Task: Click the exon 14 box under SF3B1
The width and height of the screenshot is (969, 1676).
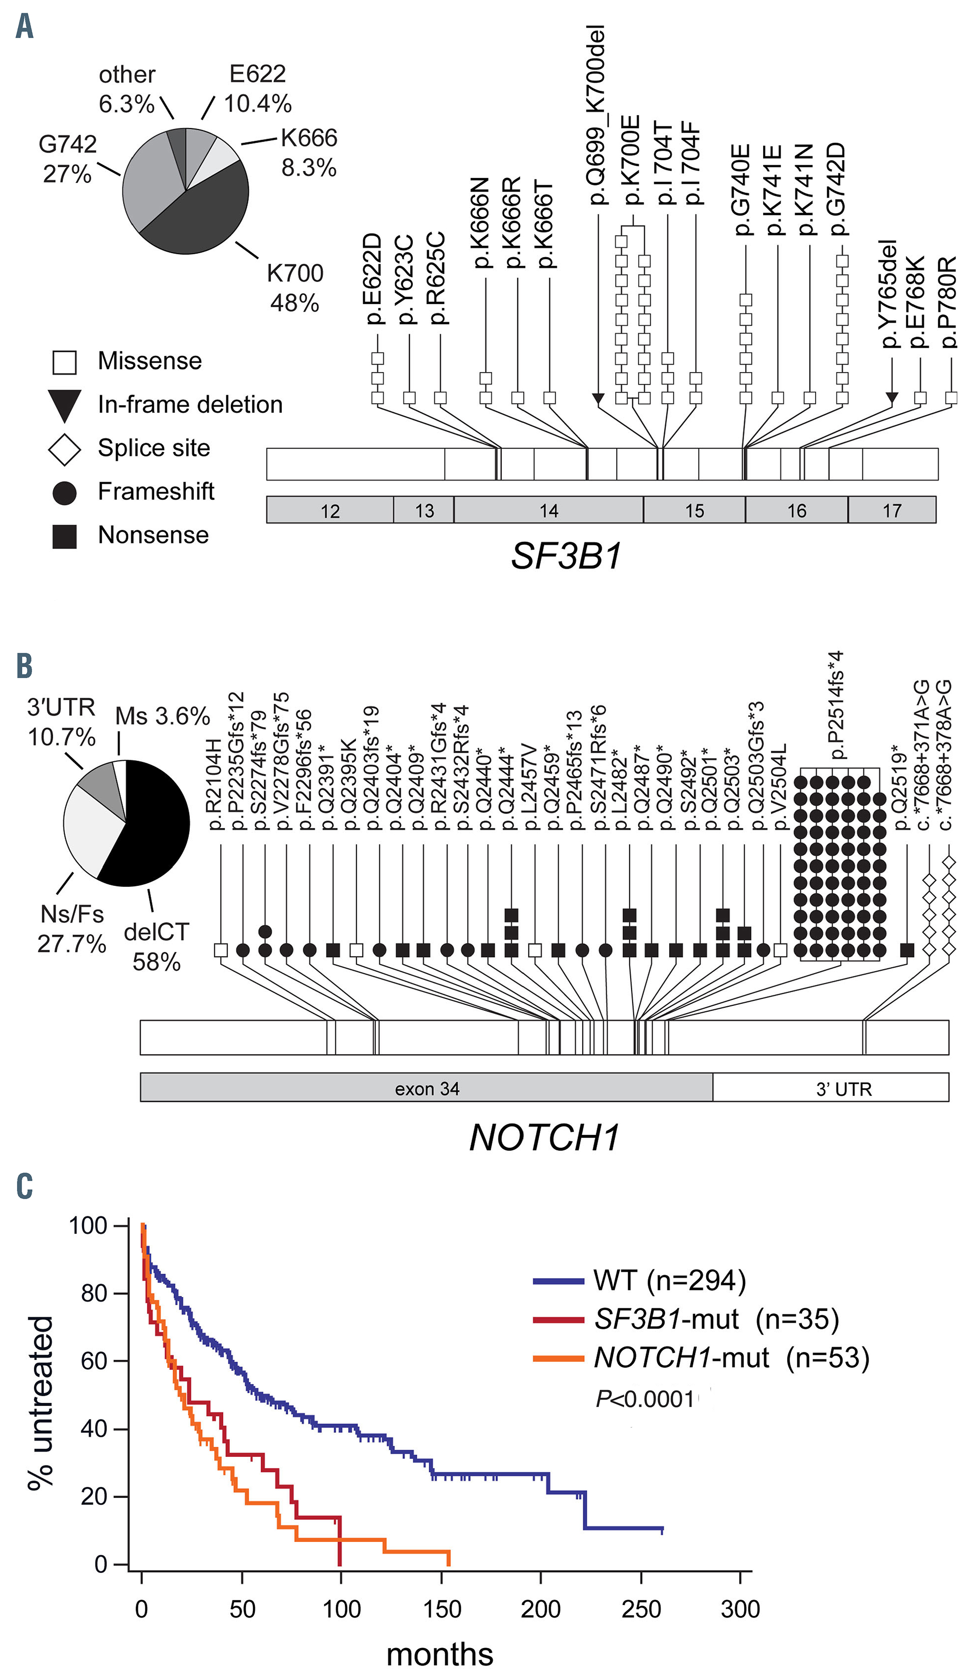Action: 548,510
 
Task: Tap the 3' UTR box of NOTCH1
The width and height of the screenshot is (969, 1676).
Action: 844,1089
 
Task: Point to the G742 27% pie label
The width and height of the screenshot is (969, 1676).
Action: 67,158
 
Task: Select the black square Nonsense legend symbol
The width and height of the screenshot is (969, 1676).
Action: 64,535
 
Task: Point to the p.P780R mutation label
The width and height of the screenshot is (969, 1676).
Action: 950,302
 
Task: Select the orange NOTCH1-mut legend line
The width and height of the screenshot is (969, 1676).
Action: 558,1358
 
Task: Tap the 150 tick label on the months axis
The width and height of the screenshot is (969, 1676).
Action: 441,1609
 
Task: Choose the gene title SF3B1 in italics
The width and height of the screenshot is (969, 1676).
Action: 566,556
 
